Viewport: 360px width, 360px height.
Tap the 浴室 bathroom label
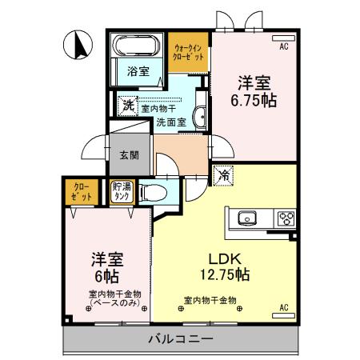click(x=138, y=71)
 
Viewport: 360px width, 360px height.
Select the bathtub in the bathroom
click(x=138, y=45)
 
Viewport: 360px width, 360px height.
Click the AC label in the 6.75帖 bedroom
click(x=283, y=47)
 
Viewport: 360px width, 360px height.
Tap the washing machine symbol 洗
click(x=129, y=103)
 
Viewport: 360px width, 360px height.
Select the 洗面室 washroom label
click(x=170, y=122)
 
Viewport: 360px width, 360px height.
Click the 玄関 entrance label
click(x=129, y=156)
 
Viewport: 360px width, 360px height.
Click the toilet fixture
click(x=153, y=192)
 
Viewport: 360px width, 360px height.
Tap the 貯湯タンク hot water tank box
click(x=122, y=192)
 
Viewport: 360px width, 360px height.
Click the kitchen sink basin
click(x=246, y=217)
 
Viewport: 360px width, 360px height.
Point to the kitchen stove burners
click(x=286, y=217)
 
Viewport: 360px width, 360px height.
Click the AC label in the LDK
click(x=283, y=307)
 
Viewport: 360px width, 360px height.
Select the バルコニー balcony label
click(x=180, y=339)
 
